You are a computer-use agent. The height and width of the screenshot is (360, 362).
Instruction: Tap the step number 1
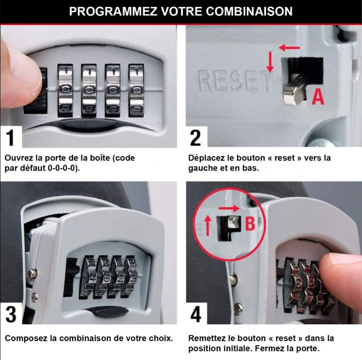point(11,138)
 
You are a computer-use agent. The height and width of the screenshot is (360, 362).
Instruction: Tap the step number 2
point(196,138)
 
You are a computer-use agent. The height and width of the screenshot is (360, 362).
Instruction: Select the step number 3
point(11,314)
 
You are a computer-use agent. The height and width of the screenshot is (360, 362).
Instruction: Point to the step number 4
point(196,314)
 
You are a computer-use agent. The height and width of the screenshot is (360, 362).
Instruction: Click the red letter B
point(250,224)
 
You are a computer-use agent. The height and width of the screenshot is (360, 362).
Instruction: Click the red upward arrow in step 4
point(208,226)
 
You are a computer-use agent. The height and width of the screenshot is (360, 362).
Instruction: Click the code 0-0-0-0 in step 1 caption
point(63,168)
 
